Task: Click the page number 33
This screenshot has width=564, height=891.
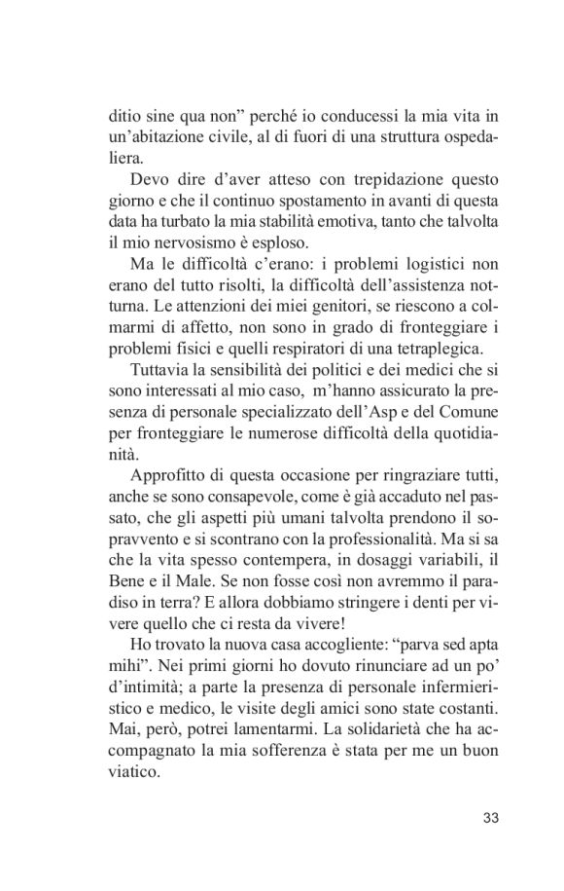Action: [490, 816]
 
